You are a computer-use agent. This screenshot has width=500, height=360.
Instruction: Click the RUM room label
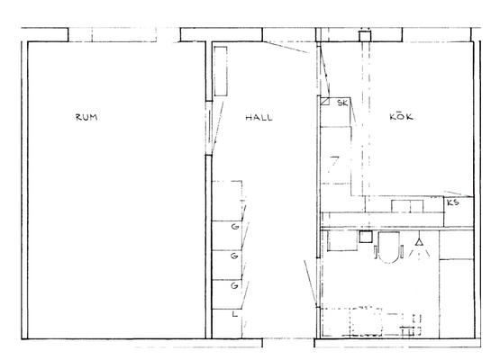pyautogui.click(x=86, y=117)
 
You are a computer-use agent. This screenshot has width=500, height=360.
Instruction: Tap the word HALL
pyautogui.click(x=259, y=118)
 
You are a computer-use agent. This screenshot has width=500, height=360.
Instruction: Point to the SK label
pyautogui.click(x=342, y=103)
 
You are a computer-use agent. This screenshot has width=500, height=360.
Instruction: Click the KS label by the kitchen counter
pyautogui.click(x=453, y=202)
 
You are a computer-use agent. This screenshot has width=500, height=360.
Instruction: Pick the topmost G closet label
pyautogui.click(x=235, y=227)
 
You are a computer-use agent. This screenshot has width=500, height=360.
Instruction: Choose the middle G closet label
pyautogui.click(x=234, y=256)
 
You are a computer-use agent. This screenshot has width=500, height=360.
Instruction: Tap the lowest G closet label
pyautogui.click(x=234, y=285)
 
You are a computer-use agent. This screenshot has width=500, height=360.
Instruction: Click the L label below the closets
pyautogui.click(x=235, y=314)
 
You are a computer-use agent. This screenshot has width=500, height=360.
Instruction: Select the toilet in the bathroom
pyautogui.click(x=388, y=247)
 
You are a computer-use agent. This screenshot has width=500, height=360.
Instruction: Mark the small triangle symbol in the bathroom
pyautogui.click(x=419, y=242)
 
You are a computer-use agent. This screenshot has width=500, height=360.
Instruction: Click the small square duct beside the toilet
pyautogui.click(x=366, y=237)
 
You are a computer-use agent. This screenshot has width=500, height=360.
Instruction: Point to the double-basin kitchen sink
pyautogui.click(x=407, y=206)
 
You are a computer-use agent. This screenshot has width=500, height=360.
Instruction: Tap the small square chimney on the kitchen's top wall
pyautogui.click(x=365, y=36)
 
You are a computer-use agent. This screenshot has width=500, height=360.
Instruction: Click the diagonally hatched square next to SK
pyautogui.click(x=324, y=102)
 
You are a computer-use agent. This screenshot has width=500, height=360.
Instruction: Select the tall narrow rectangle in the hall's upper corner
pyautogui.click(x=221, y=71)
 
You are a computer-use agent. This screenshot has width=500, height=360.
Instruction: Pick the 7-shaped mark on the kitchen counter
pyautogui.click(x=334, y=163)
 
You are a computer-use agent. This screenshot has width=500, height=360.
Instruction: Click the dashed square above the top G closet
pyautogui.click(x=227, y=201)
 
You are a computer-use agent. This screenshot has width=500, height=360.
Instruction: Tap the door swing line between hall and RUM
pyautogui.click(x=217, y=128)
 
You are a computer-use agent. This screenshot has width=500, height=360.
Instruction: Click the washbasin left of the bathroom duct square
pyautogui.click(x=342, y=240)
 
